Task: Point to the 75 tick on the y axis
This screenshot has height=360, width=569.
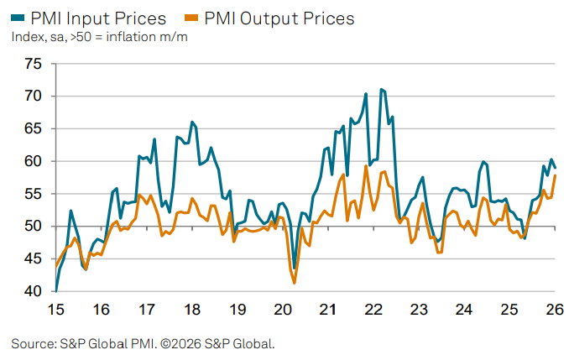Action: coord(33,64)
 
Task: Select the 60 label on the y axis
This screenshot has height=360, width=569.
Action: coord(33,161)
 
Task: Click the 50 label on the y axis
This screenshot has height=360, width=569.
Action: coord(33,227)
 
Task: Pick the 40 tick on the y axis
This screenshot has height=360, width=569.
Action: coord(33,291)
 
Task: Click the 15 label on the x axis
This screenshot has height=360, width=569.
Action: coord(56,309)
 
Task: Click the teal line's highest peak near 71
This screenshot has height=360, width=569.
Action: coord(381,89)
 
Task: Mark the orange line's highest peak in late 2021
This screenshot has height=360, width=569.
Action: coord(366,166)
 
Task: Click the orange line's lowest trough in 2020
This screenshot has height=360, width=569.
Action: coord(295,283)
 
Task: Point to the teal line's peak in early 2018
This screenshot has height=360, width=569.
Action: coord(191,122)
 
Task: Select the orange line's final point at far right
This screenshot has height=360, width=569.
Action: coord(556,175)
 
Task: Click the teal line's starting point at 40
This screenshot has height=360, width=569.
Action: coord(56,290)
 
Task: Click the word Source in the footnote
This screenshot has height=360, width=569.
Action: coord(33,344)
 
